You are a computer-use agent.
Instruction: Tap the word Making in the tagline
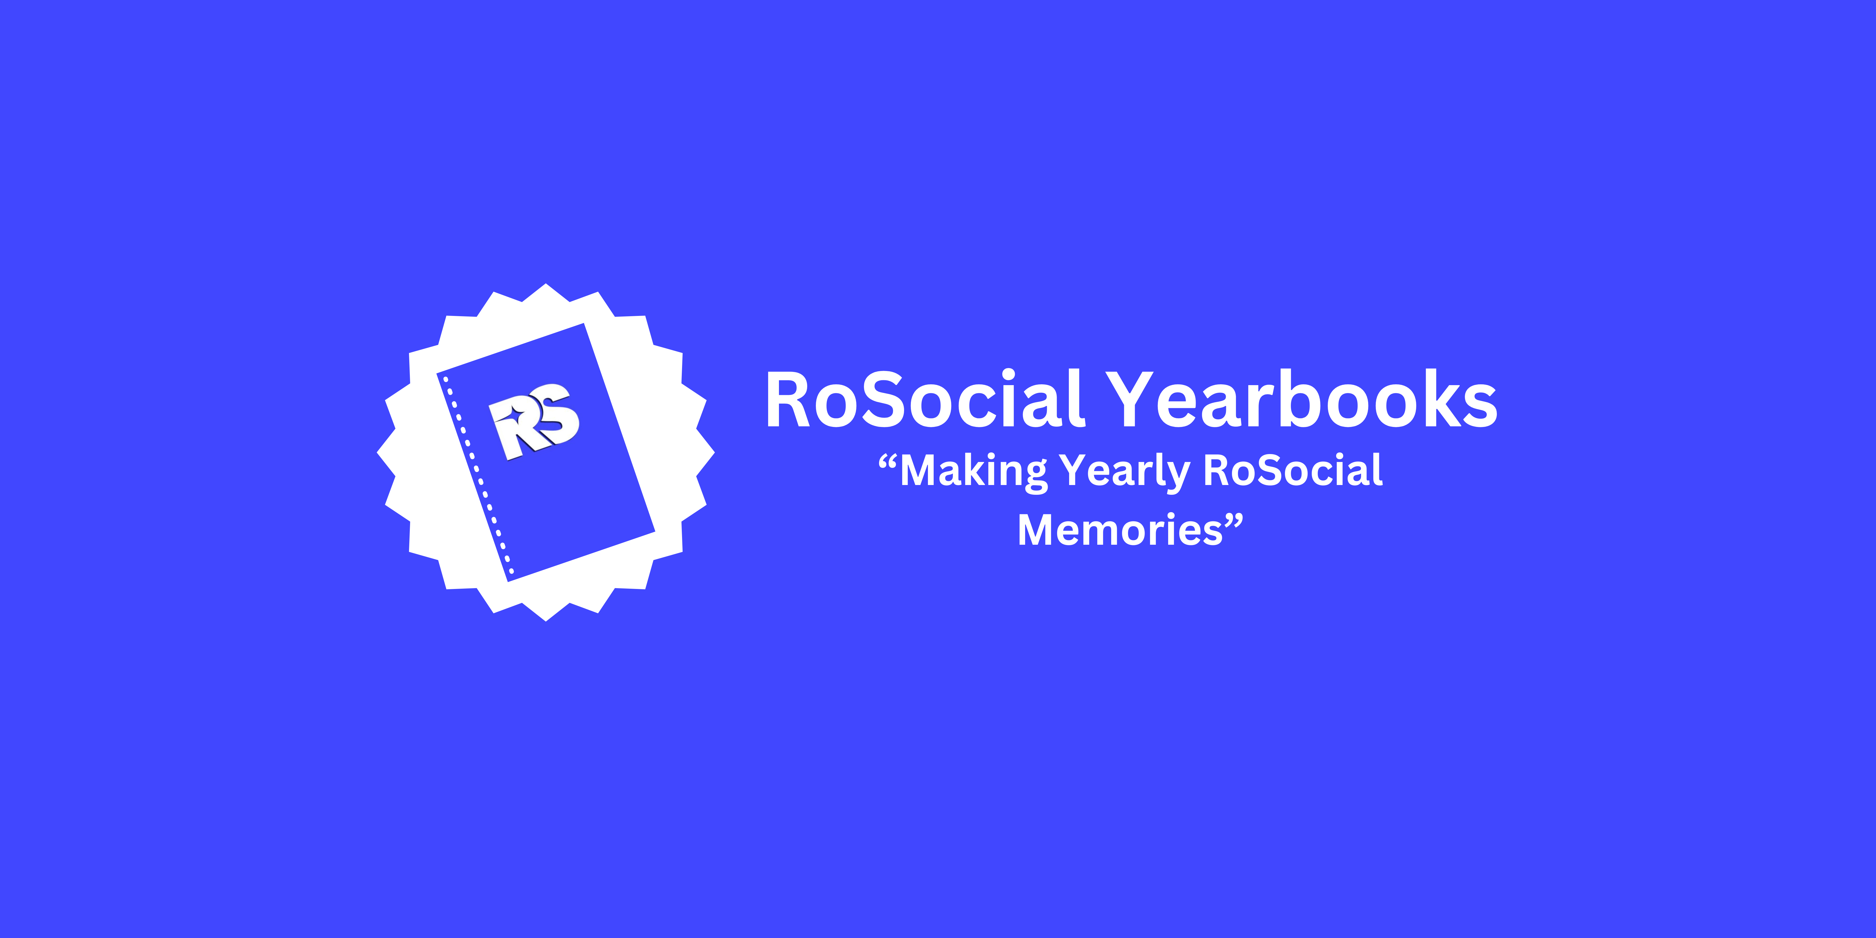[x=973, y=470]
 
